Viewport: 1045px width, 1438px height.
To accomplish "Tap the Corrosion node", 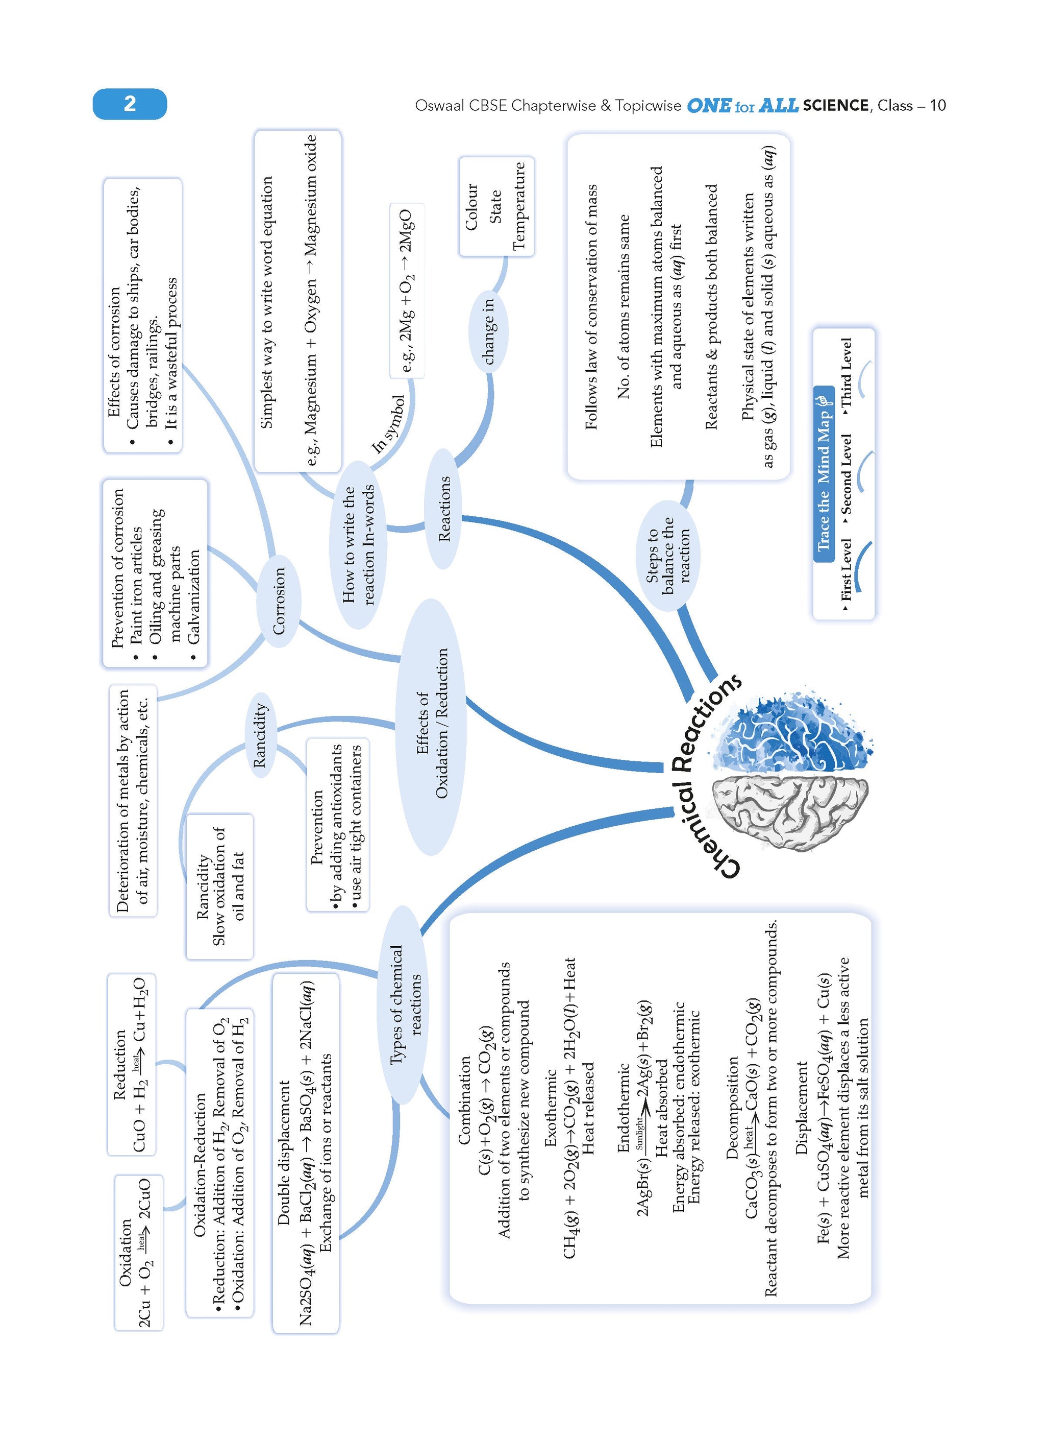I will tap(279, 601).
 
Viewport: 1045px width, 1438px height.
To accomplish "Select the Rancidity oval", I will tap(260, 735).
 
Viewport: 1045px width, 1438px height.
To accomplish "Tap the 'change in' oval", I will tap(489, 331).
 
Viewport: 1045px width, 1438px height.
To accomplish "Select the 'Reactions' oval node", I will tap(444, 509).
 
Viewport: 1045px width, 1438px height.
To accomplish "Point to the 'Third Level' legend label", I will tap(846, 374).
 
